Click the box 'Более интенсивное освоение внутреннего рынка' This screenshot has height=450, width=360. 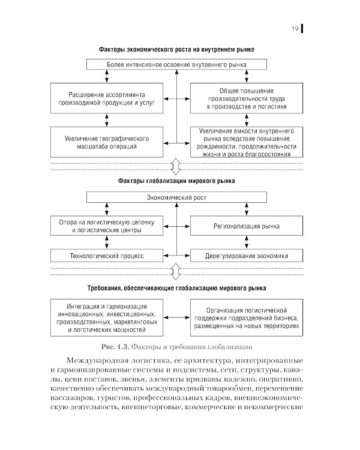coord(176,63)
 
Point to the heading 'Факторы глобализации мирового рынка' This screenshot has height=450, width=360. coord(176,180)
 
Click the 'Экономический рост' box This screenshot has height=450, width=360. coord(176,197)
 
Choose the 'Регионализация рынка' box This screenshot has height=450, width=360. coord(246,226)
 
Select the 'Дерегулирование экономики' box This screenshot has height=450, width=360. coord(246,255)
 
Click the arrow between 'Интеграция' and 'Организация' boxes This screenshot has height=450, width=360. coord(176,317)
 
